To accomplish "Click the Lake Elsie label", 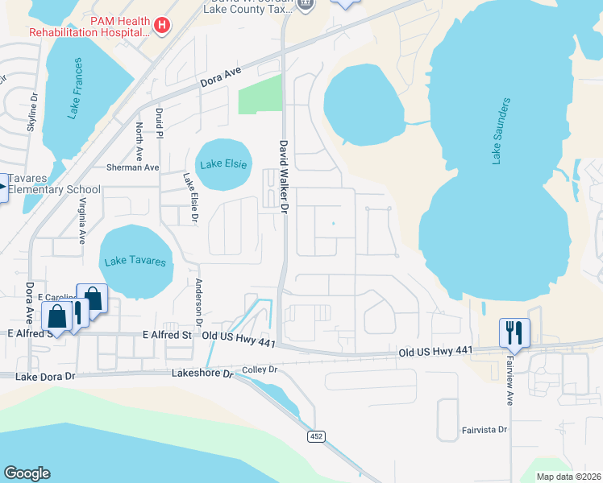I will point(222,164).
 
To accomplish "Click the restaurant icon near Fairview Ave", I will point(513,332).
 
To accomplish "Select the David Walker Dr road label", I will point(283,176).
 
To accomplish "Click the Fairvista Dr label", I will point(484,430).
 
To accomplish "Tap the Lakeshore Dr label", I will point(202,374).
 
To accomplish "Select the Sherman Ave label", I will point(133,167).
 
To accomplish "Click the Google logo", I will point(27,473).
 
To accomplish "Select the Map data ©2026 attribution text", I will point(568,477).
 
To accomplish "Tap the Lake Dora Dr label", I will point(44,376).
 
